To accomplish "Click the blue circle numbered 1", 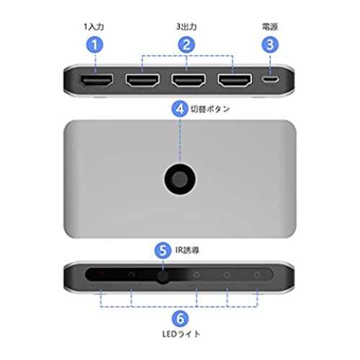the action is click(95, 45).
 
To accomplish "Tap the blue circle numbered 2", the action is click(186, 45).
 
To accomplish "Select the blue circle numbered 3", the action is click(270, 45).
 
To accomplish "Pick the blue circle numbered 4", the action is click(180, 109).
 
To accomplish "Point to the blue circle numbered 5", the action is click(163, 251).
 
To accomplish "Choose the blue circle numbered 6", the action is click(180, 319).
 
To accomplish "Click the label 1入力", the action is click(94, 27).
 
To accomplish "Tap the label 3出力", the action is click(186, 27).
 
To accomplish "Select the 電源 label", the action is click(270, 27).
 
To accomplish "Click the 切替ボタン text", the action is click(210, 109).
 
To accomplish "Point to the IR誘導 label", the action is click(187, 251).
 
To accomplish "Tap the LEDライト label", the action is click(181, 334).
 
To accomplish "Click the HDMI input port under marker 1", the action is click(96, 80).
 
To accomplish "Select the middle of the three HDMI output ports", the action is click(189, 80).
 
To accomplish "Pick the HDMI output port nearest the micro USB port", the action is click(235, 80).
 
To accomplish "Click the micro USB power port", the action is click(270, 79).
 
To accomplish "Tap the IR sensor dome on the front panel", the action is click(163, 276).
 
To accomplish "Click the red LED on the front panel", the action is click(102, 274).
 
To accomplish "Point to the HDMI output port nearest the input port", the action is click(143, 80).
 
